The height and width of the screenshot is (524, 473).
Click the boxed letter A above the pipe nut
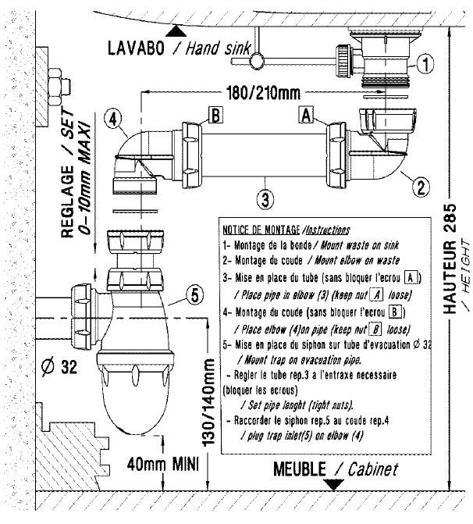coord(307,115)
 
